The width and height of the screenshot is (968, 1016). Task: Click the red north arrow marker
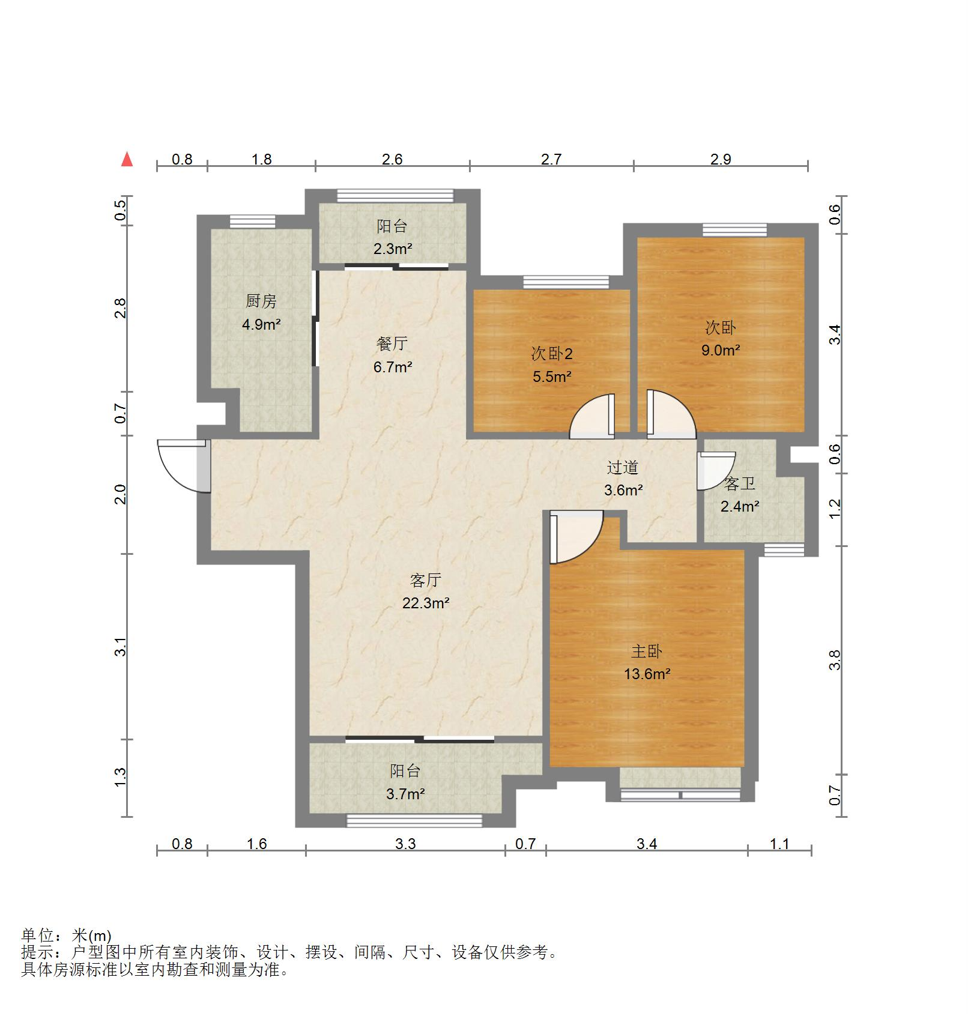click(127, 159)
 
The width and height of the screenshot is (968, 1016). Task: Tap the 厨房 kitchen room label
click(261, 301)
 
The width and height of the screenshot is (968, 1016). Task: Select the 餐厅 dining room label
click(392, 343)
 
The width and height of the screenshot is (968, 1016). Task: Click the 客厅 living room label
click(426, 580)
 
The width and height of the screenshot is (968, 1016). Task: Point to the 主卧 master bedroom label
click(647, 651)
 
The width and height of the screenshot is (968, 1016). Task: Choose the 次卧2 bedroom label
click(552, 354)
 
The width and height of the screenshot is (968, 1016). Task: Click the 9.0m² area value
click(721, 350)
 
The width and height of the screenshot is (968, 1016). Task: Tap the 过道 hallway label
click(622, 467)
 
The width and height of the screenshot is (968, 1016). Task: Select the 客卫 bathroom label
click(740, 483)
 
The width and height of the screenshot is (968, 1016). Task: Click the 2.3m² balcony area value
click(393, 249)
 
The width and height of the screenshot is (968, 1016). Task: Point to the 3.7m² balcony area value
click(405, 794)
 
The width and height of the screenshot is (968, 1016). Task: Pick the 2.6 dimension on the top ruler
click(392, 159)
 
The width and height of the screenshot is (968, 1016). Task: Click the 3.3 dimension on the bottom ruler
click(405, 844)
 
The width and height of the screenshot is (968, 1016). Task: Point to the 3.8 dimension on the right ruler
click(835, 660)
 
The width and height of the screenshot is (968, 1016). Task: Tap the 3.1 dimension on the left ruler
click(121, 647)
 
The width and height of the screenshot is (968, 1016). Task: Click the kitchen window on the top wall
click(252, 220)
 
